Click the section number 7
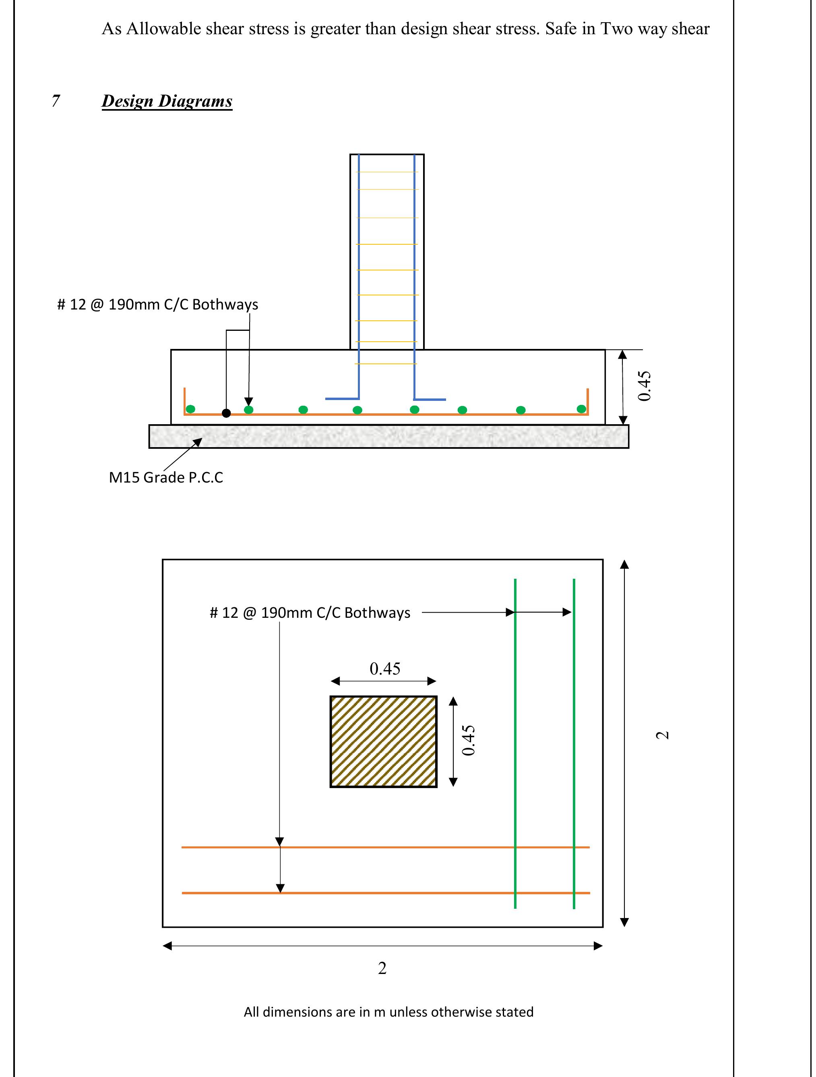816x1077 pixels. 56,101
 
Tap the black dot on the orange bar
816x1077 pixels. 226,413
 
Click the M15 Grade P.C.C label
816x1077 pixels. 166,477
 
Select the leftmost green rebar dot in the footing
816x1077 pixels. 191,409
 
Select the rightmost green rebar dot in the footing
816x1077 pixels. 581,409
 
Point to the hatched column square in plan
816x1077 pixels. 384,741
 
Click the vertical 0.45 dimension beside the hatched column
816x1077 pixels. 468,741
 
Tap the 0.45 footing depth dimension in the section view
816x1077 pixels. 644,386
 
